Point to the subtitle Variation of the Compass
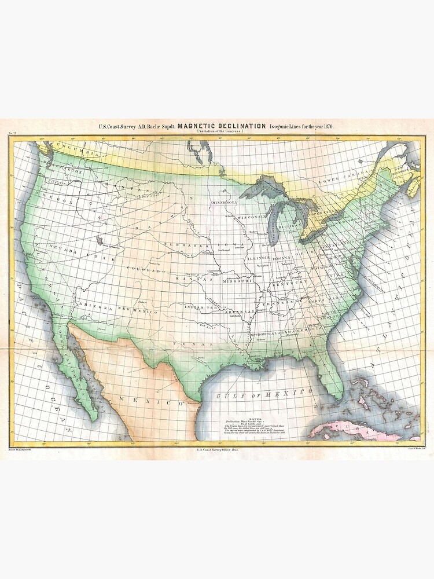click(219, 132)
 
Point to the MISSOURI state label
click(236, 281)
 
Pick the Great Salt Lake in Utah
click(102, 239)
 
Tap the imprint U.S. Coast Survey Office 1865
click(218, 449)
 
